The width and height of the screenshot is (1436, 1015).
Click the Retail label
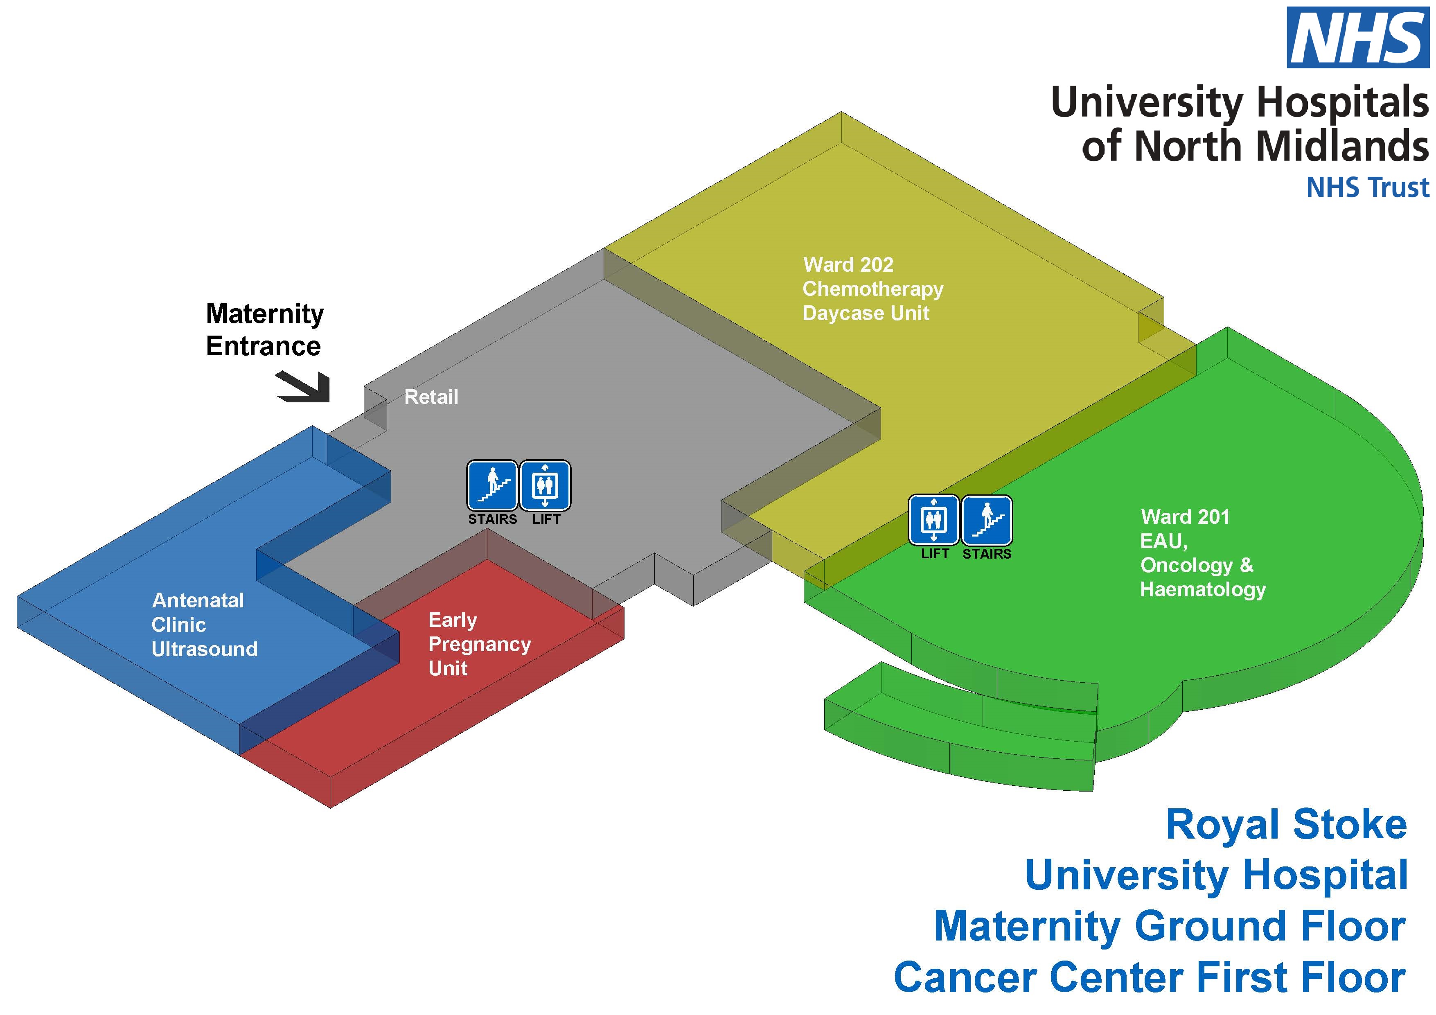(431, 397)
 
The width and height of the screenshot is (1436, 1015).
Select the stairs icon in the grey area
(492, 486)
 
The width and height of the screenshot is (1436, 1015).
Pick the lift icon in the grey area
(545, 486)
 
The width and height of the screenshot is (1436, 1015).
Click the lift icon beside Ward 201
(933, 520)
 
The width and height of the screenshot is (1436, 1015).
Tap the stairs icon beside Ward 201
(986, 520)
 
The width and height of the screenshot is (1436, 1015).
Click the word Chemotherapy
(872, 289)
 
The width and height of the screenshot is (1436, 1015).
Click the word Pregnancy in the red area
(480, 644)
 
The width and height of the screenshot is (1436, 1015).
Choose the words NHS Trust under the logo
(1367, 187)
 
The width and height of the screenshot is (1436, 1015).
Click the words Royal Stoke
(1286, 824)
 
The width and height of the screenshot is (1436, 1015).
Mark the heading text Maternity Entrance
(264, 329)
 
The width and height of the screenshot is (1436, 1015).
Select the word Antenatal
(198, 600)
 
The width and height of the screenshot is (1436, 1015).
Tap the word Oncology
(1186, 565)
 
